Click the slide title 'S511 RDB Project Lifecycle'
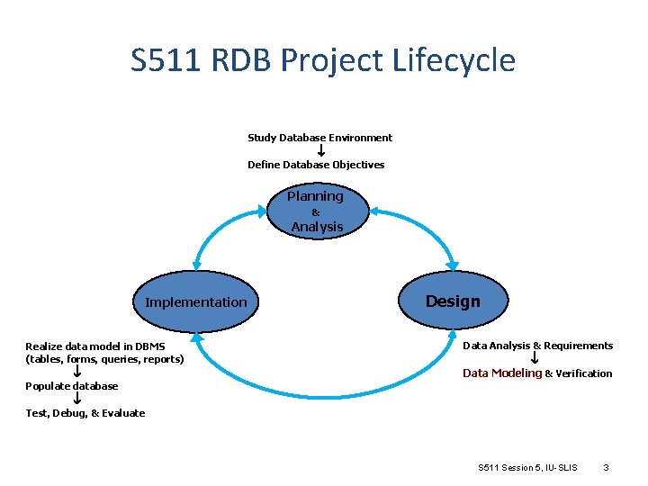[323, 60]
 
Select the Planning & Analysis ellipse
[315, 211]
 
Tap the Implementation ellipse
[195, 301]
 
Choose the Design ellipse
[453, 301]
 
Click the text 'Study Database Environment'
[319, 138]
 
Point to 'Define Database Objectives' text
[316, 165]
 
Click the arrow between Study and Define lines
[321, 151]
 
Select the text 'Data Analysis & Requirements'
[537, 346]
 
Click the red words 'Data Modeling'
[502, 373]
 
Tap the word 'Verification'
[584, 373]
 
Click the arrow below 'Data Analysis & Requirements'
[535, 359]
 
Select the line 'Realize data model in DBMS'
[94, 346]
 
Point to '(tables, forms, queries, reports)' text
[104, 359]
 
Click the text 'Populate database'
[71, 386]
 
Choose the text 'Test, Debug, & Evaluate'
[85, 413]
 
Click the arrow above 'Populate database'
[78, 372]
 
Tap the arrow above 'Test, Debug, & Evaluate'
[78, 399]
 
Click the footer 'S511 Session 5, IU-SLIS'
[527, 467]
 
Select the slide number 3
[607, 467]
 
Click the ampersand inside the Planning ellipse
[315, 212]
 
